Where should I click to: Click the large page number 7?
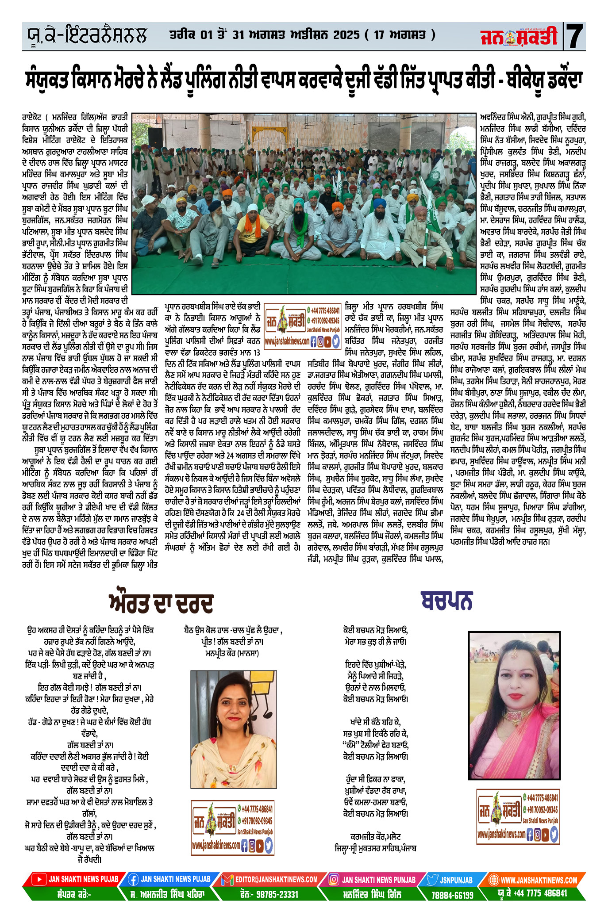click(x=575, y=36)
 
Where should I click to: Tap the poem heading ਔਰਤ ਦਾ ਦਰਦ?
click(x=161, y=602)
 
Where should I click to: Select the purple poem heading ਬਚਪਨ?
click(x=446, y=600)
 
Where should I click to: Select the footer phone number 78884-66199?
click(x=452, y=895)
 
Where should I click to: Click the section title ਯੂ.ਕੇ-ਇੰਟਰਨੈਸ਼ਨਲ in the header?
click(x=85, y=35)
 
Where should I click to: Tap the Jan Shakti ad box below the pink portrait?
click(x=518, y=817)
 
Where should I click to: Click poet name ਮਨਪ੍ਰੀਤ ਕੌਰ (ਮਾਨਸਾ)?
click(x=232, y=653)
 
